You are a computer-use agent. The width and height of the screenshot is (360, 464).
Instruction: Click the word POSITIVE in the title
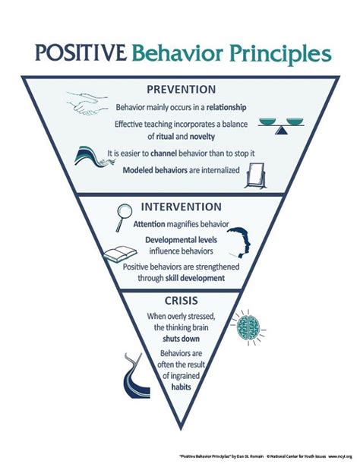tap(79, 54)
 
